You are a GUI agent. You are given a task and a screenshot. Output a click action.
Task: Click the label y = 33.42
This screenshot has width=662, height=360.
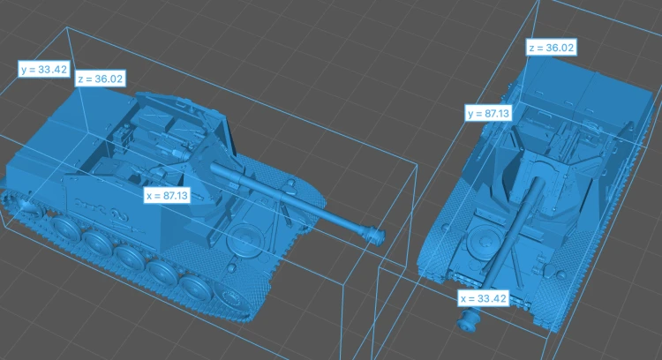pos(44,69)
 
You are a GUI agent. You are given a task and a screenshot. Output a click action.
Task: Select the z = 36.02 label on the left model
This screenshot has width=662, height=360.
pos(100,79)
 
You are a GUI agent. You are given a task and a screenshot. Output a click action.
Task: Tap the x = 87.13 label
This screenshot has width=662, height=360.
pos(166,195)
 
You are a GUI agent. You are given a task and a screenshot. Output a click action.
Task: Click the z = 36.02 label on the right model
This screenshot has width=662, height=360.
pos(551,48)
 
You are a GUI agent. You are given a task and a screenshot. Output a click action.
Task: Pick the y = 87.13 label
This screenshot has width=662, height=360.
pos(488,113)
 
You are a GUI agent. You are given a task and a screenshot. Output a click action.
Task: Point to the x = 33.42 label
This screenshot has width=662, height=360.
pos(483,298)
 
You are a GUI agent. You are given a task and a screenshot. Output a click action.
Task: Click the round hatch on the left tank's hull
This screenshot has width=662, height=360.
pos(244,238)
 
